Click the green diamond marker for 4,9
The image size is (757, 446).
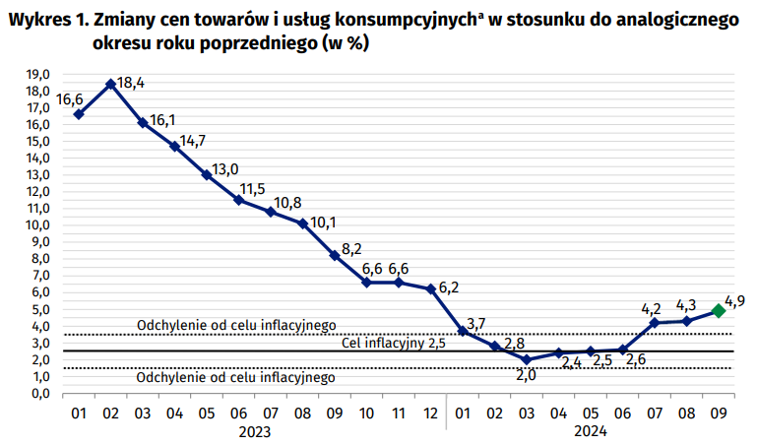click(x=719, y=310)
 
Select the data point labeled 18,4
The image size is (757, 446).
click(x=110, y=84)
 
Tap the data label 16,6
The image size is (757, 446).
click(x=69, y=99)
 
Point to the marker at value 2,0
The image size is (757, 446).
click(x=527, y=359)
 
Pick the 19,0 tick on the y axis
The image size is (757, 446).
click(x=39, y=75)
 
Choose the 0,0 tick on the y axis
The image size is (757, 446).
click(x=39, y=393)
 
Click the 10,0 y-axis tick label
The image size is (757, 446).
click(x=39, y=225)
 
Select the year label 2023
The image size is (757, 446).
click(x=254, y=430)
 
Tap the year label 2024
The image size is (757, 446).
click(x=591, y=430)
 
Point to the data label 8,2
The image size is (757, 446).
click(x=352, y=247)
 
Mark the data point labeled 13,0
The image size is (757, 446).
click(x=207, y=175)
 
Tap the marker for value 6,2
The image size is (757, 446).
click(x=430, y=288)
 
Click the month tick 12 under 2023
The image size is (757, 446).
click(x=430, y=412)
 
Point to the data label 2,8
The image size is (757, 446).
click(x=513, y=344)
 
